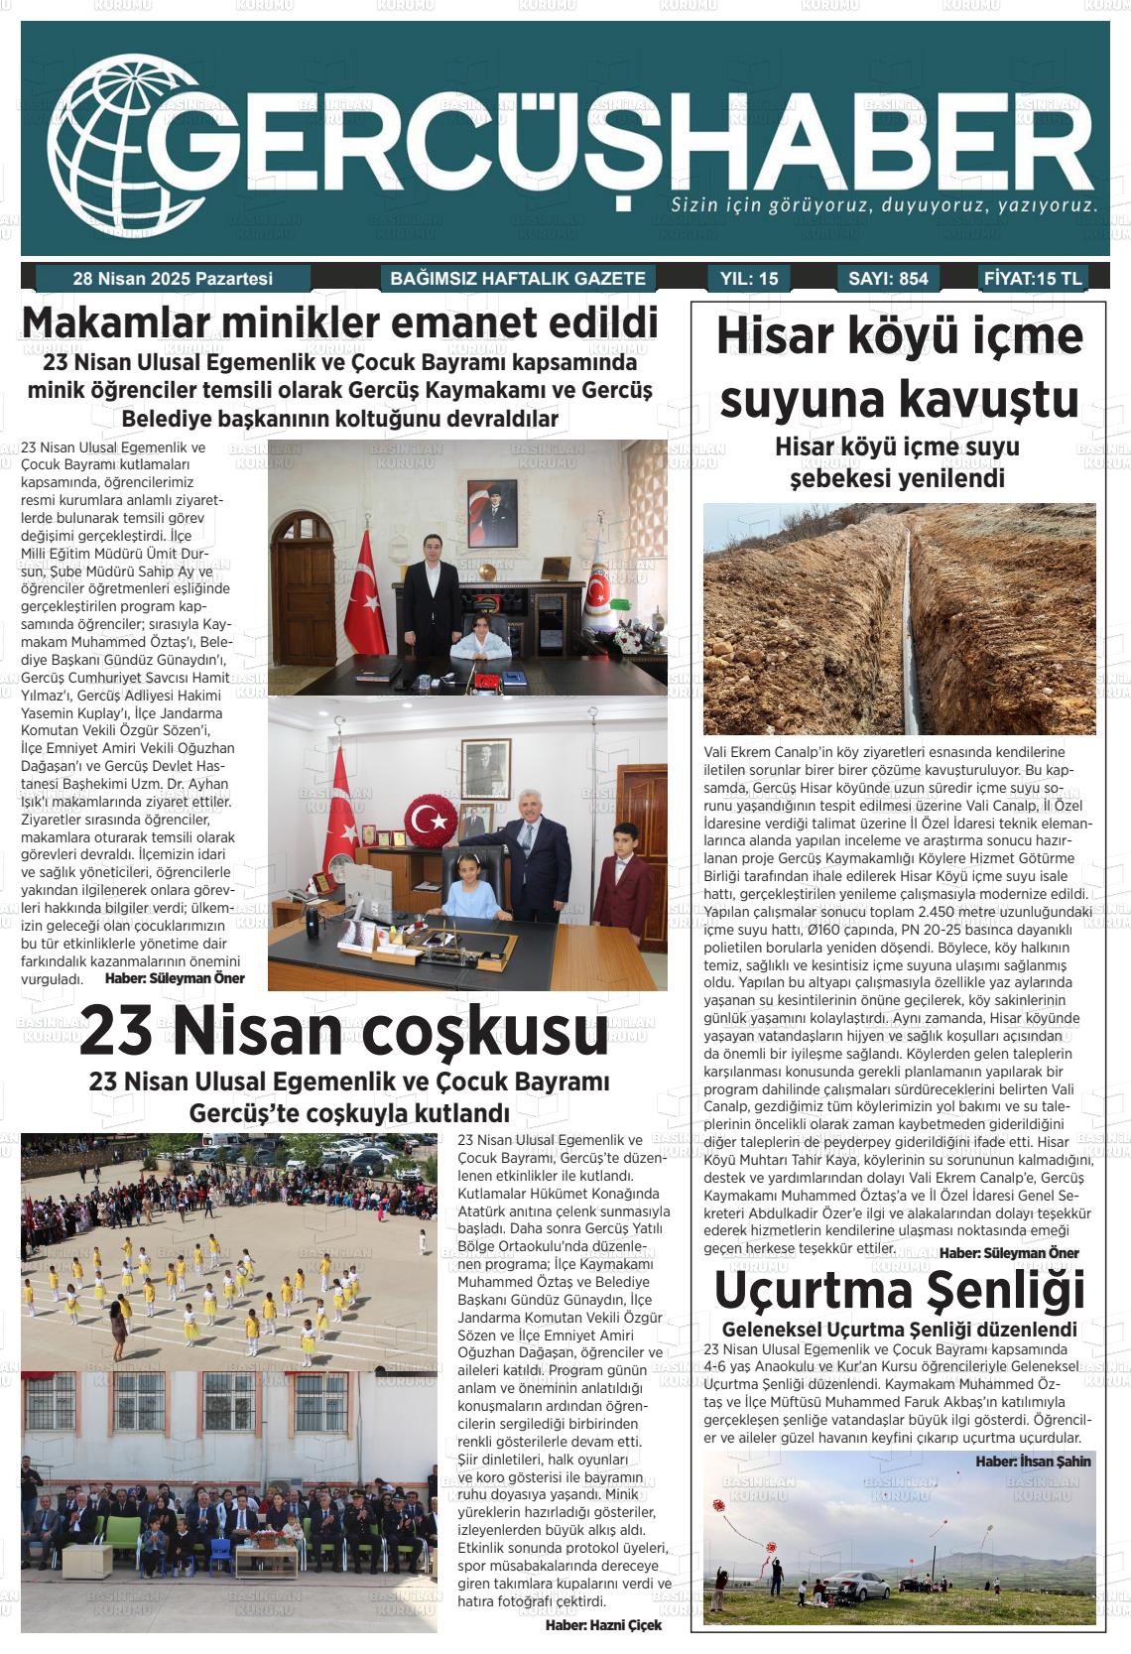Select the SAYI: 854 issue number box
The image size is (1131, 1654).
(888, 279)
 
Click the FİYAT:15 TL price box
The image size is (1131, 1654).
(1033, 279)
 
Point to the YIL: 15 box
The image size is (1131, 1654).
(749, 279)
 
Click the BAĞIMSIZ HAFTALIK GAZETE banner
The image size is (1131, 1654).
(518, 279)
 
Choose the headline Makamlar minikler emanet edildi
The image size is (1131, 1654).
(339, 324)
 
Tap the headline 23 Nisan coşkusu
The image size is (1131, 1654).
(343, 1030)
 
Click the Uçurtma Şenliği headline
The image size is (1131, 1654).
(899, 1291)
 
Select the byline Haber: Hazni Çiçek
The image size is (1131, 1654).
(603, 1625)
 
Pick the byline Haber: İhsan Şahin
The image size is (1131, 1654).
(1033, 1461)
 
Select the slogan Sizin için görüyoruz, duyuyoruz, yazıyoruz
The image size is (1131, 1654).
(884, 206)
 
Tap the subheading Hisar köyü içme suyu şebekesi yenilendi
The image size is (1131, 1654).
(897, 462)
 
